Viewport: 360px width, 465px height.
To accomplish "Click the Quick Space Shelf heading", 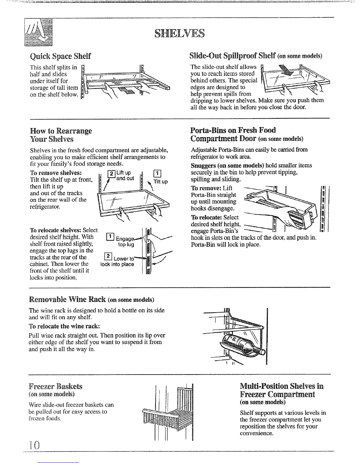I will (x=60, y=56).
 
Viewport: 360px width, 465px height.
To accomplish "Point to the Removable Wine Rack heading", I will (x=68, y=300).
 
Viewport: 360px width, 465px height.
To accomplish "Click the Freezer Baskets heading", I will (x=56, y=386).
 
